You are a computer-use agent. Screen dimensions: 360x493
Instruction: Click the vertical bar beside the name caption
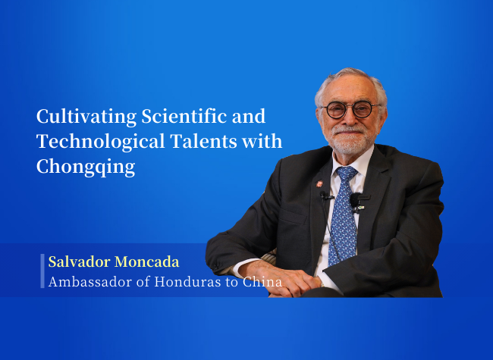pyautogui.click(x=42, y=271)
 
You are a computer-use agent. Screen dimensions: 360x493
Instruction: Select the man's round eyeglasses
pyautogui.click(x=350, y=110)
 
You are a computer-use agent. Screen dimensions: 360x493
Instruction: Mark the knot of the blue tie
pyautogui.click(x=347, y=174)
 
